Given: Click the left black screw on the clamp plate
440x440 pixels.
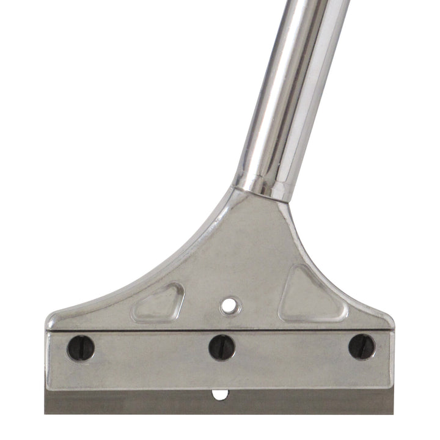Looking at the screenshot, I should point(81,348).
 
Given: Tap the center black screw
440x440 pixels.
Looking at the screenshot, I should point(221,347).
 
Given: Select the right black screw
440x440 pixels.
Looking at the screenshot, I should point(361,346).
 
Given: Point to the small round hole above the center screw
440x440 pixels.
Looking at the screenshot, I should point(230,304).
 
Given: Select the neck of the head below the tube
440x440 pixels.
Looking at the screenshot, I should point(257,220).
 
